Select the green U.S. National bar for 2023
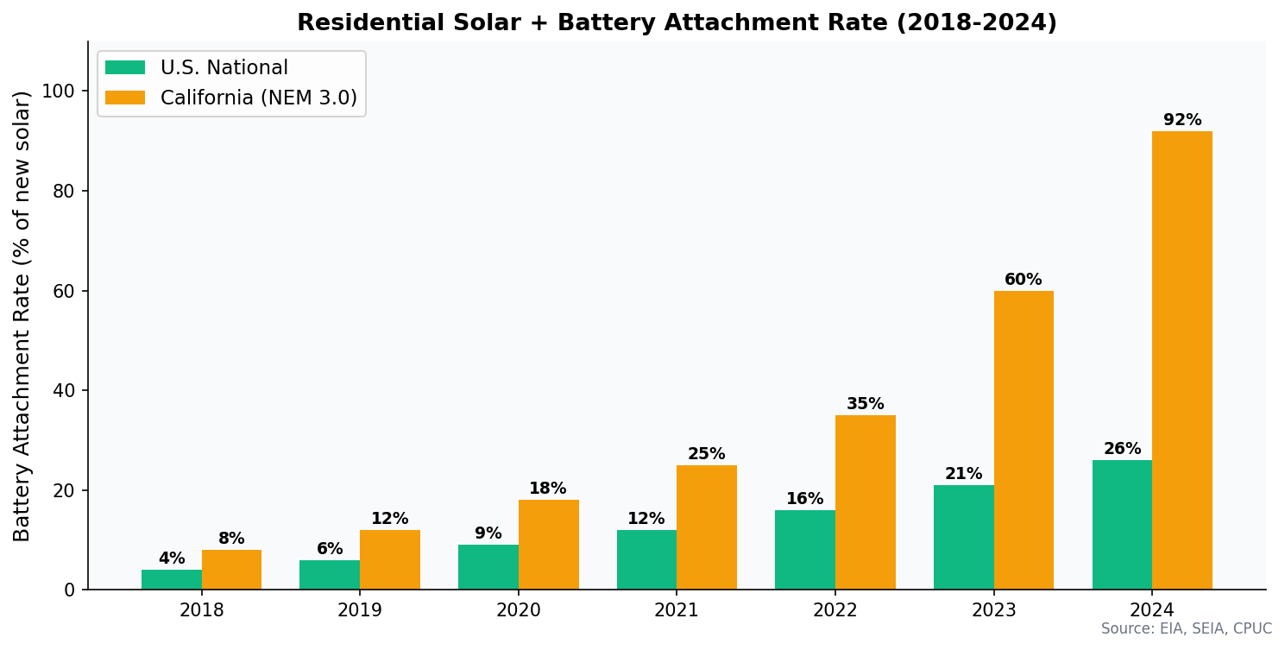click(963, 537)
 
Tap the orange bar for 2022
click(865, 502)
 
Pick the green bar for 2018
click(171, 579)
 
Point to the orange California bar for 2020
click(548, 545)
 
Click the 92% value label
click(1181, 120)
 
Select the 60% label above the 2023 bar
click(1023, 280)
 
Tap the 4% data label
click(171, 558)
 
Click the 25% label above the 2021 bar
click(706, 454)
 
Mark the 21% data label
click(963, 474)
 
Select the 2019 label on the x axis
click(360, 610)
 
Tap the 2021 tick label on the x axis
click(677, 610)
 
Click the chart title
click(677, 23)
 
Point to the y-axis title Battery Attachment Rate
click(22, 316)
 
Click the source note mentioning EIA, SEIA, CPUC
click(1186, 629)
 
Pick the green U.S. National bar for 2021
click(646, 559)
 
